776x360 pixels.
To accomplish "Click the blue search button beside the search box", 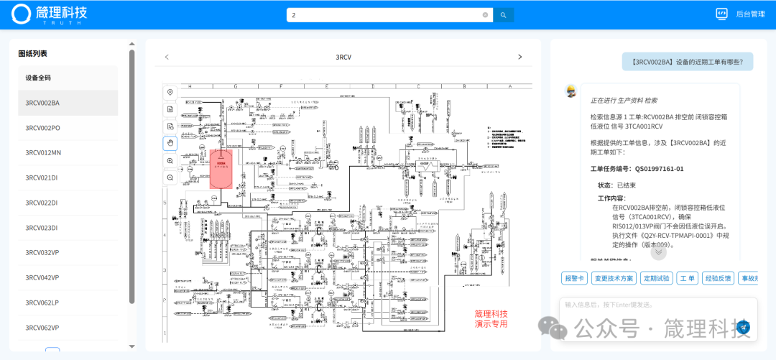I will (504, 14).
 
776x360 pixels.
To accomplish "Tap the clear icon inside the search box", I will (485, 14).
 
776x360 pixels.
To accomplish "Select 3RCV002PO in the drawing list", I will (42, 128).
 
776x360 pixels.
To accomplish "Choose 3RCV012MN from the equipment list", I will (43, 152).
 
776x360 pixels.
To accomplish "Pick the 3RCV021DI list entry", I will (42, 177).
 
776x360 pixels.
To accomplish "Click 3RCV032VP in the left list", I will (42, 253).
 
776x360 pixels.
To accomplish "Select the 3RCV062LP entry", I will (42, 303).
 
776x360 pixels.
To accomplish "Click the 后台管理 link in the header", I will (750, 14).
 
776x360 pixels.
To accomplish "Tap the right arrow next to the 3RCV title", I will (520, 57).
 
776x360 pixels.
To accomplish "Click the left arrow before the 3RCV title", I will (167, 57).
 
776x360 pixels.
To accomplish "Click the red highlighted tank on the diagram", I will (221, 169).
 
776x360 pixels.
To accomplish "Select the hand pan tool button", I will (170, 142).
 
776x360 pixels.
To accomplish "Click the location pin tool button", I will (170, 93).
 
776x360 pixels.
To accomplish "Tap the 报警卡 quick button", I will (575, 278).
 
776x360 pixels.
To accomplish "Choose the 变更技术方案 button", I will (614, 278).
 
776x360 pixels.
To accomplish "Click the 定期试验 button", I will (656, 278).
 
